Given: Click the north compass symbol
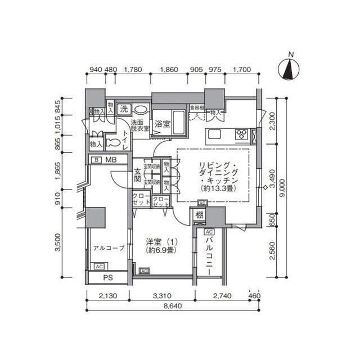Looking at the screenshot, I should tap(290, 69).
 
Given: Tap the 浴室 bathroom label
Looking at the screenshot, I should tap(163, 123).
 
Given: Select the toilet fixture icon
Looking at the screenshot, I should tap(112, 142).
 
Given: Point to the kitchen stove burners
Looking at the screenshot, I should tap(242, 134).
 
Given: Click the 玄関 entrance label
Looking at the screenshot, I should tap(137, 175).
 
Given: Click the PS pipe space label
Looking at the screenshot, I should tap(108, 278).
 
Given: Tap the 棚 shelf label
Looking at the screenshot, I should tap(199, 215).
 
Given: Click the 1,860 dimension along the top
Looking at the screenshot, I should tap(169, 70).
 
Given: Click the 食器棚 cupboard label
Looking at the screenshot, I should tap(195, 106).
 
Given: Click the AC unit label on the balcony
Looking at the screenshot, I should tap(209, 232).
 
